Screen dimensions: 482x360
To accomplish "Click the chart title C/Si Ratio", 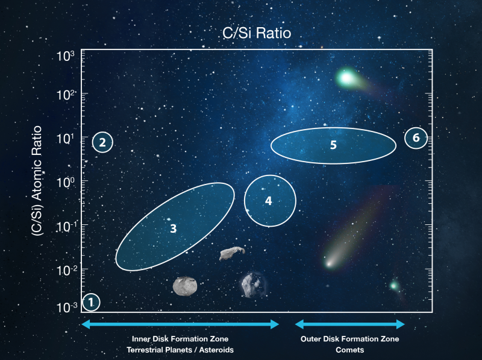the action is click(x=257, y=33).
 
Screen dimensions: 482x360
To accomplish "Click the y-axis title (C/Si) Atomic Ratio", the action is click(x=37, y=181).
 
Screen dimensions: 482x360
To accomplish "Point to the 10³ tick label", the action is click(x=66, y=56).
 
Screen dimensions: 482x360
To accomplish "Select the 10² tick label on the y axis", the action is click(x=66, y=95).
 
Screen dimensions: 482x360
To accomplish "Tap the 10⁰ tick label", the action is click(x=66, y=182).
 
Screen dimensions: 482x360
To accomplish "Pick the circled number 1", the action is click(x=91, y=302).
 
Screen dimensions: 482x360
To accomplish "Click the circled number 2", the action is click(x=102, y=142).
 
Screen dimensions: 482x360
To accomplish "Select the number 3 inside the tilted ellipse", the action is click(x=174, y=229).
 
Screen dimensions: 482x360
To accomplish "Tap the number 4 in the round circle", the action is click(x=268, y=201).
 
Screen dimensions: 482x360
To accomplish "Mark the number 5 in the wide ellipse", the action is click(x=333, y=145).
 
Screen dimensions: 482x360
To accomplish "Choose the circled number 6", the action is click(x=416, y=138).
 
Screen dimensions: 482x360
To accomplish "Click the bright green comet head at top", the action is click(x=346, y=78).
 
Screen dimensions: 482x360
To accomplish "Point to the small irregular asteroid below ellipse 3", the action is click(x=232, y=253).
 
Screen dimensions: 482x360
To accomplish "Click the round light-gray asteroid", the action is click(x=185, y=286).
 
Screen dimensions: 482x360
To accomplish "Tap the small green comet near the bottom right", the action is click(x=394, y=286).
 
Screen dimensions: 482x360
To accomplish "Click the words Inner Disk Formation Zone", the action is click(x=180, y=339).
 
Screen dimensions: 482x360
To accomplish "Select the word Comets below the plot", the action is click(x=350, y=350).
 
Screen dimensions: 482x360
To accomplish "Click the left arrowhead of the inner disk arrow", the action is click(x=86, y=324).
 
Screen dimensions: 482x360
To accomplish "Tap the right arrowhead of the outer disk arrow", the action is click(x=401, y=324).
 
